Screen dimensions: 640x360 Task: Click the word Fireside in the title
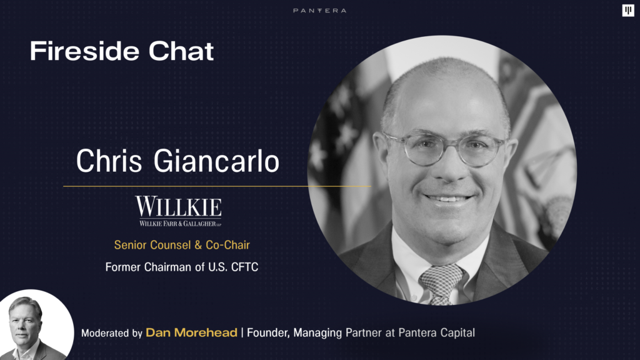pos(85,51)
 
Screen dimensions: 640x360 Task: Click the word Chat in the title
pos(181,51)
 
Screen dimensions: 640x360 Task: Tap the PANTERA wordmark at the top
pos(319,11)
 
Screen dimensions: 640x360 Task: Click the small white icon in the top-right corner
pos(628,10)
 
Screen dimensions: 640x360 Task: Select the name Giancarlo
pos(216,161)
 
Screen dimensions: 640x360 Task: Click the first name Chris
pos(109,161)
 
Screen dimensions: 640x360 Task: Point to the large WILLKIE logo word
pos(178,206)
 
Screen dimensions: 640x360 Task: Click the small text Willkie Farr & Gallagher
pos(181,223)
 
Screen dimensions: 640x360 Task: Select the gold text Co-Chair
pos(227,245)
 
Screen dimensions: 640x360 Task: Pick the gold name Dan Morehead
pos(191,332)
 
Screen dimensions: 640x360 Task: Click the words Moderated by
pos(111,333)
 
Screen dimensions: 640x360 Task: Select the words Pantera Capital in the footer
pos(437,332)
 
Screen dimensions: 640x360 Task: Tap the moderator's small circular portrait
pos(35,325)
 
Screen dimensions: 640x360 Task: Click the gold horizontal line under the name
pos(217,186)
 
